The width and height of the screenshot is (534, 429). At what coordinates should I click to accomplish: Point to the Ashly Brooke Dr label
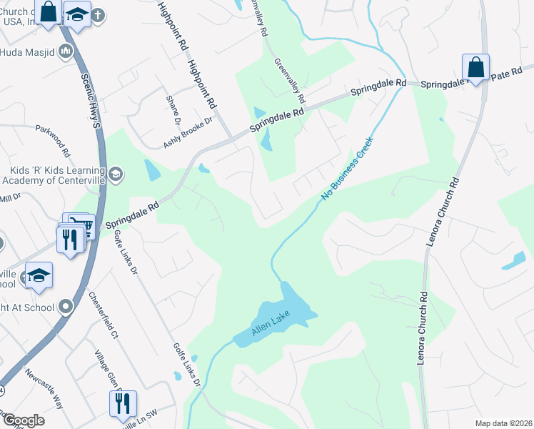pyautogui.click(x=188, y=132)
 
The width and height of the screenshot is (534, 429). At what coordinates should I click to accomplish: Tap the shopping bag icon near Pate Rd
pyautogui.click(x=475, y=68)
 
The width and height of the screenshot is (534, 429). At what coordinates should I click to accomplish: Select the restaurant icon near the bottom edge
pyautogui.click(x=122, y=403)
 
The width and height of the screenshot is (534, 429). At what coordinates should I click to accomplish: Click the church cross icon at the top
pyautogui.click(x=98, y=14)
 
